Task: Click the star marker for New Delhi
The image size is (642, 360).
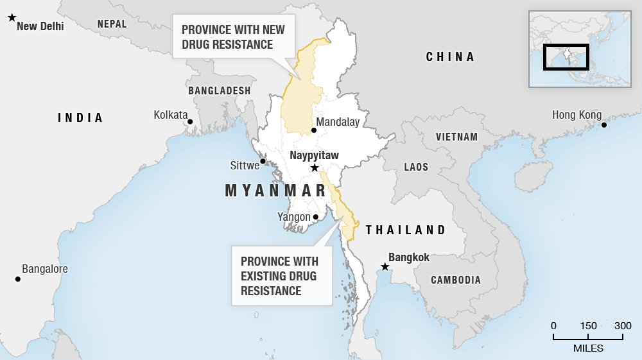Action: click(x=12, y=18)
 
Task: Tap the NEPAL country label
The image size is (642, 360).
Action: click(x=112, y=24)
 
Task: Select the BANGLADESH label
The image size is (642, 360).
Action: click(x=219, y=91)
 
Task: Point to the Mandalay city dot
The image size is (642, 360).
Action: click(x=314, y=130)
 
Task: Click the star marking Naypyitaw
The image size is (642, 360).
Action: click(x=315, y=168)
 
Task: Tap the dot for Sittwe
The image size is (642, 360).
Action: click(x=263, y=161)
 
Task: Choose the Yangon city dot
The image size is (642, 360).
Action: click(x=315, y=217)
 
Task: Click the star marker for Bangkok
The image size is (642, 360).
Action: click(x=385, y=267)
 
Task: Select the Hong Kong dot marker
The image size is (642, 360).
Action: click(x=604, y=124)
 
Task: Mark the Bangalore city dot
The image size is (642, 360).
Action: click(x=18, y=279)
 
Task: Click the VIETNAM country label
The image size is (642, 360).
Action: click(x=456, y=137)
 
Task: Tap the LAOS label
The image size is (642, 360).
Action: click(x=416, y=167)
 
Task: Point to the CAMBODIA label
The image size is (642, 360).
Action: click(x=455, y=280)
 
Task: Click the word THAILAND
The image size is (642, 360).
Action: click(x=405, y=230)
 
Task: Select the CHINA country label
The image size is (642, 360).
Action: click(x=450, y=57)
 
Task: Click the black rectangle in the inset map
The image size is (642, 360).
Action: click(x=566, y=56)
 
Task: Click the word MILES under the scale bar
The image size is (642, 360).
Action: click(x=588, y=348)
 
